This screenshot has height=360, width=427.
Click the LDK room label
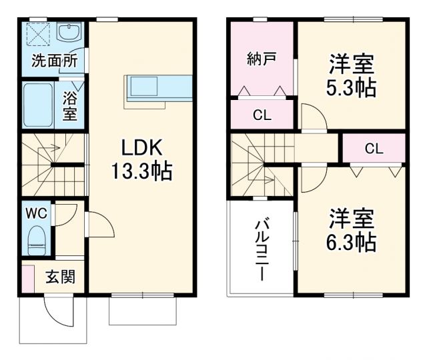pyautogui.click(x=141, y=148)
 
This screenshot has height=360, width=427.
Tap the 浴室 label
pyautogui.click(x=70, y=105)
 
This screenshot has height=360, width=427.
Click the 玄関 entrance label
pyautogui.click(x=60, y=277)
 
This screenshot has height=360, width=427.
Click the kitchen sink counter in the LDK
pyautogui.click(x=157, y=88)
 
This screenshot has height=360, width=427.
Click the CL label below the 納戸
pyautogui.click(x=262, y=114)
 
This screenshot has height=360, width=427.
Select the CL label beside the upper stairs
pyautogui.click(x=374, y=149)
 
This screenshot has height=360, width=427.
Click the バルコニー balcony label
pyautogui.click(x=261, y=249)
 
